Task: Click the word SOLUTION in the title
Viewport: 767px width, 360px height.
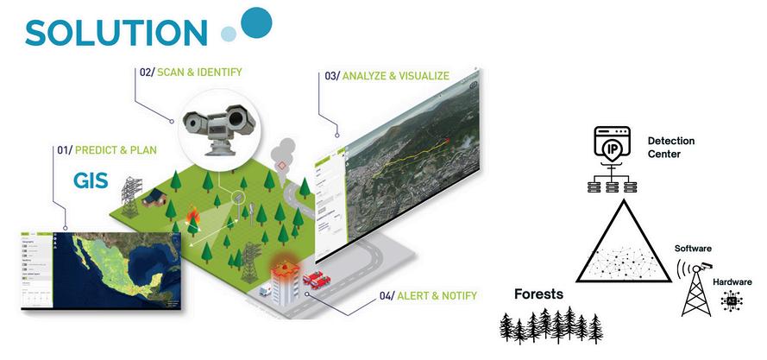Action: coord(116,30)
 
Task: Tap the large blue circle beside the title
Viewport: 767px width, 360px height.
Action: coord(255,21)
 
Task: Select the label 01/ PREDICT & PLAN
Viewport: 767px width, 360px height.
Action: coord(107,149)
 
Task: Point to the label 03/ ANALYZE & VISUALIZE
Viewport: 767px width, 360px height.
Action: coord(387,76)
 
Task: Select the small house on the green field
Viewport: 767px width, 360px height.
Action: coord(154,197)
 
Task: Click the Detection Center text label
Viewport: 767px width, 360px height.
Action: coord(670,147)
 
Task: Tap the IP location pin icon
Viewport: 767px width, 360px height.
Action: coord(613,148)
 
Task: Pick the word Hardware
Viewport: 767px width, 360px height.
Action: coord(732,282)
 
